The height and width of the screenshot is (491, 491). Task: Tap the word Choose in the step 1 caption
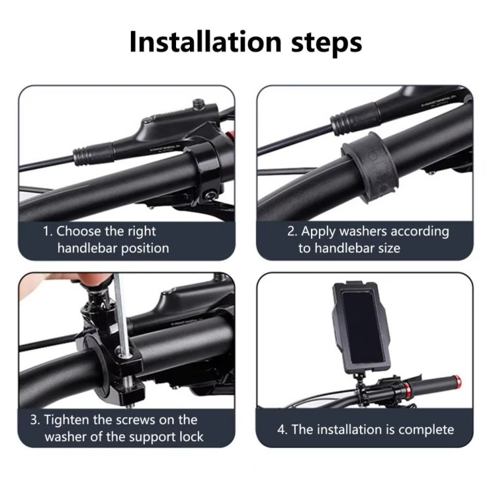[x=81, y=231]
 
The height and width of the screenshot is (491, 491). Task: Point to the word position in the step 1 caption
[x=144, y=248]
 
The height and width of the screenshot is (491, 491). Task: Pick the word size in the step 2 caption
[x=387, y=248]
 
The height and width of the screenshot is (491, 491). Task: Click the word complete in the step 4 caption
[x=421, y=429]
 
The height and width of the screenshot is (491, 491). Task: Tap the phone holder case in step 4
[x=359, y=323]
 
